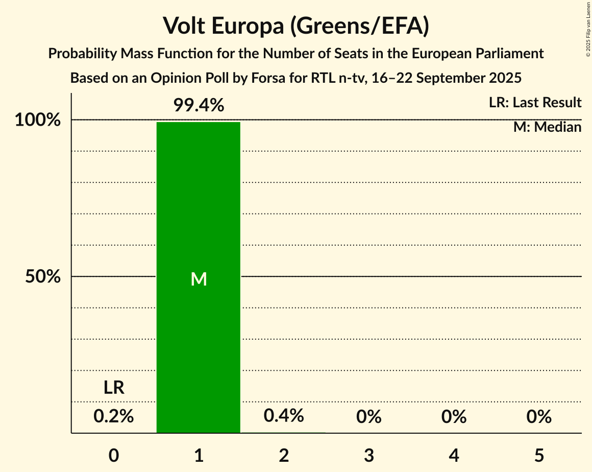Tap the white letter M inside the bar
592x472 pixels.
[199, 279]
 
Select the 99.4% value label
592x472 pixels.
[199, 106]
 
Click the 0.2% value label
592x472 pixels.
[114, 417]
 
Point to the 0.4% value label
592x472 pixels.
[284, 416]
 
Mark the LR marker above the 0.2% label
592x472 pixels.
[114, 388]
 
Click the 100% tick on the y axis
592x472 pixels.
[38, 121]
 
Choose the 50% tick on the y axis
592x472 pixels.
[43, 277]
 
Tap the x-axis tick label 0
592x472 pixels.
[114, 455]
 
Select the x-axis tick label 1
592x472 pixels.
[199, 455]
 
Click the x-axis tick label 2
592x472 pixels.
[284, 455]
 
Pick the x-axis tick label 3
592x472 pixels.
[369, 455]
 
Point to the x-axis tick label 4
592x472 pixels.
[454, 455]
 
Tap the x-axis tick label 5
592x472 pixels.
[539, 455]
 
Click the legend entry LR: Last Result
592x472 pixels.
[535, 103]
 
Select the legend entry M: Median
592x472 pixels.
[547, 127]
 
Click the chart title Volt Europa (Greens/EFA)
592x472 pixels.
[296, 26]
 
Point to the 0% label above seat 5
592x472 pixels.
[539, 417]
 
